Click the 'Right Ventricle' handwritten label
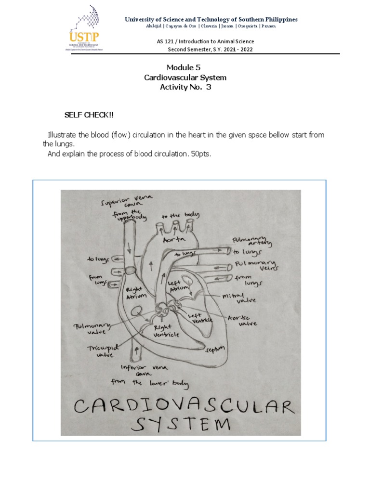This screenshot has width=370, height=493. (166, 331)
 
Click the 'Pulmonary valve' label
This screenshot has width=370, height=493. (92, 329)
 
